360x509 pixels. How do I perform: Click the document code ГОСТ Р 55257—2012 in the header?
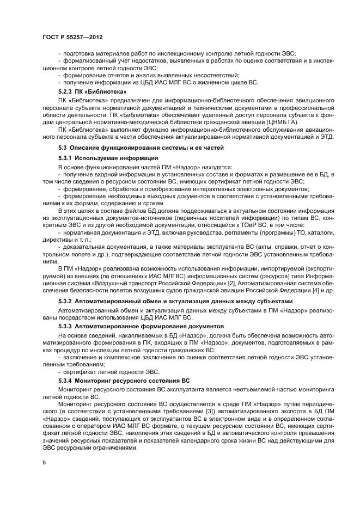tap(72, 36)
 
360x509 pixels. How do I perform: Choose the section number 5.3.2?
tap(66, 302)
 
